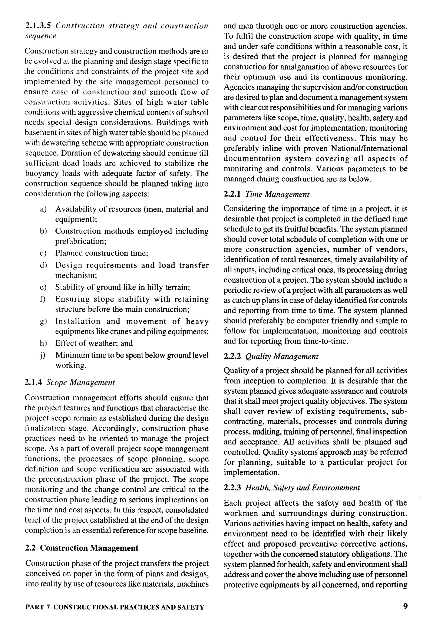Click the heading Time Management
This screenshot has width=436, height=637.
click(277, 194)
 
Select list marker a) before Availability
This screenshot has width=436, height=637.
click(43, 209)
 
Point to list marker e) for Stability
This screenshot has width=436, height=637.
click(43, 287)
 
